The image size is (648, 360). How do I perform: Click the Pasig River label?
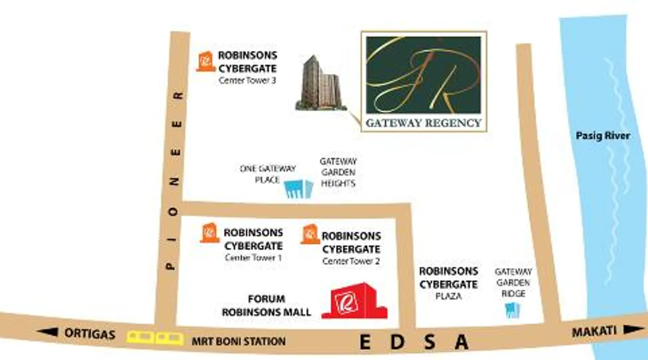tap(603, 136)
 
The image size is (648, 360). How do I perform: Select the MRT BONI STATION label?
tap(238, 341)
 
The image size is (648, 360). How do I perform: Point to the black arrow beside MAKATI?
tap(633, 329)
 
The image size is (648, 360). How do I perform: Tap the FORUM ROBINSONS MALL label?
tap(266, 306)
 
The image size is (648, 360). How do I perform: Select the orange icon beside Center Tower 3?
tap(206, 62)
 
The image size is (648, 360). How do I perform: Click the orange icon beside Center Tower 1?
tap(210, 233)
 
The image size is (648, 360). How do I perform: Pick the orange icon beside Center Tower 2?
tap(310, 234)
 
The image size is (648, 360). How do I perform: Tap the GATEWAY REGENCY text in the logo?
tap(423, 123)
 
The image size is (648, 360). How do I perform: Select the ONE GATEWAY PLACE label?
tap(267, 174)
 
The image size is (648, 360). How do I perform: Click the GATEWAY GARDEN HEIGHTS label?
tap(338, 172)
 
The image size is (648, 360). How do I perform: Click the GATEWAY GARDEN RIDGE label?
tap(513, 283)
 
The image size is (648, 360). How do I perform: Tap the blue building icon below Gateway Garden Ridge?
tap(512, 310)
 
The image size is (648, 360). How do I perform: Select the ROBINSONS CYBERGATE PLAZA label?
tap(449, 283)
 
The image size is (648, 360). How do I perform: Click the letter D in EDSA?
tap(397, 342)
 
